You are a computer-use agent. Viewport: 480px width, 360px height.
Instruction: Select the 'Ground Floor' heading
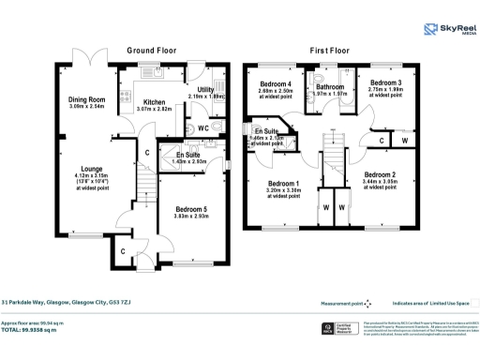click(x=153, y=51)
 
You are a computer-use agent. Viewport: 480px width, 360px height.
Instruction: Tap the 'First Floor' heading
click(x=330, y=51)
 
